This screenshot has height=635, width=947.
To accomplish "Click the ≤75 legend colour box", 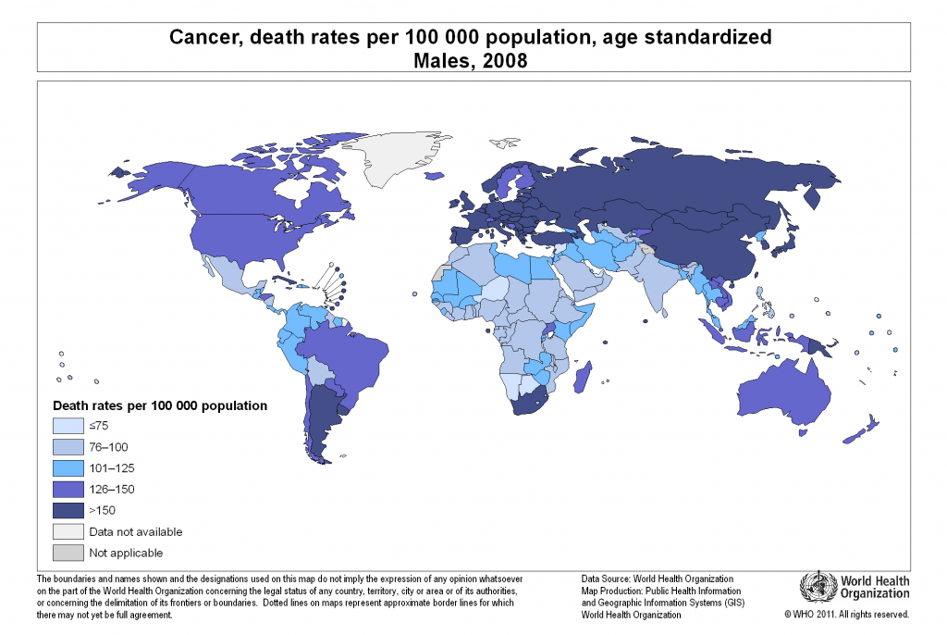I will [x=67, y=427].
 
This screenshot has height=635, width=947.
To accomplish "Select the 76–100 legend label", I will [x=109, y=447].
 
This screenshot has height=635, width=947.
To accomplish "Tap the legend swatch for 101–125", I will [x=67, y=468].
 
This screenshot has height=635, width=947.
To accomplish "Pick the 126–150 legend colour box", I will [x=67, y=490].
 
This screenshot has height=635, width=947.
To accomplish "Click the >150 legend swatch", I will [x=67, y=510].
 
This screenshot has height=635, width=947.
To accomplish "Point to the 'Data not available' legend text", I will [x=135, y=531].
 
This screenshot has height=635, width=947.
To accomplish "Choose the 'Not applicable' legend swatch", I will [x=67, y=553].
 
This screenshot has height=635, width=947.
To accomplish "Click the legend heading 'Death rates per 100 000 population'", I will [x=160, y=405].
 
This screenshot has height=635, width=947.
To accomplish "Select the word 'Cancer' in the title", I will [x=197, y=38].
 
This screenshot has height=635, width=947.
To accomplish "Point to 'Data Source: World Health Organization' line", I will [x=658, y=579].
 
